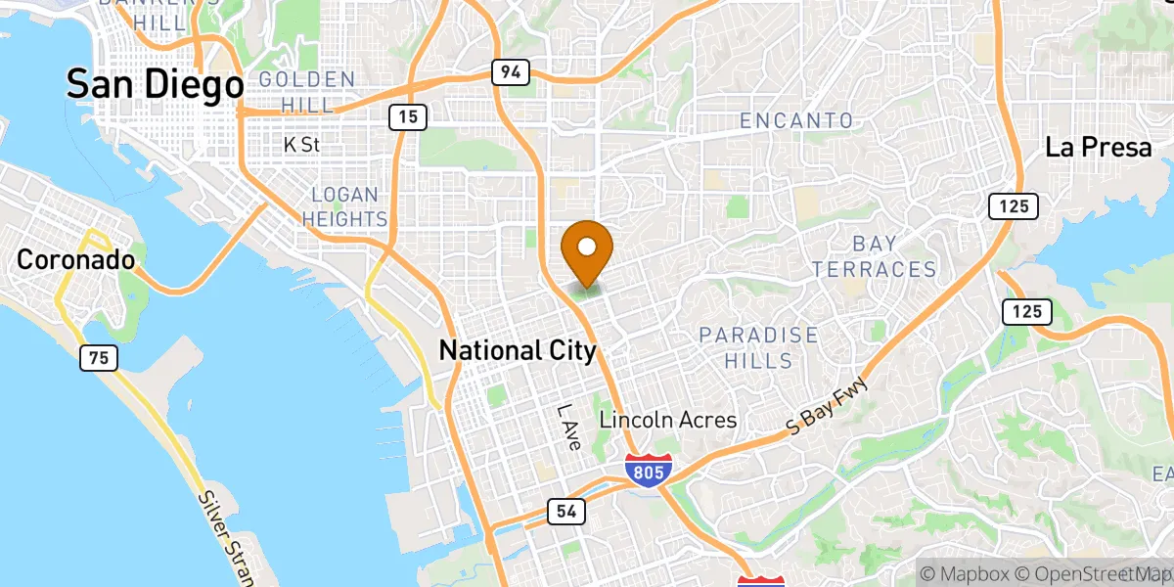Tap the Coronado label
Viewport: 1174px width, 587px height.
[75, 260]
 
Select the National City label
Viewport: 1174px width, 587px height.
[518, 350]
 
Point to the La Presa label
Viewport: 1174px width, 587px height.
[1100, 148]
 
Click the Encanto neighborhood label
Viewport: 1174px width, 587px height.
[796, 120]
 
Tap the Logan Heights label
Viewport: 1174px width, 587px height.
[344, 206]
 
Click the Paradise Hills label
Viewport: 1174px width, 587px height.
[758, 348]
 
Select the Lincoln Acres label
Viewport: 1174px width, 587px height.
[668, 420]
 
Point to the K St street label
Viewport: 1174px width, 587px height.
[301, 145]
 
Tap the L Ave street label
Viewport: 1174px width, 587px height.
[569, 428]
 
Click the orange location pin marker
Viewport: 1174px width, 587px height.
[587, 249]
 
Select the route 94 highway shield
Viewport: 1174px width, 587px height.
[511, 71]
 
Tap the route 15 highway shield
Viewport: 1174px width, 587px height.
[407, 117]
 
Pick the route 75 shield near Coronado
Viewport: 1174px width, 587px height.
[98, 358]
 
